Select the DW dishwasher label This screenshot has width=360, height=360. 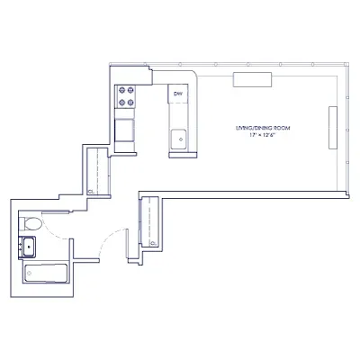coord(178,94)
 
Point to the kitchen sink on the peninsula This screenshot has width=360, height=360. coord(179,138)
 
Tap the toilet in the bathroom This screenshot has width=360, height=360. coord(31,222)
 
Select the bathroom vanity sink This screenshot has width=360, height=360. coord(28,246)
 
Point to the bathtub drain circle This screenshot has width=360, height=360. coord(30,272)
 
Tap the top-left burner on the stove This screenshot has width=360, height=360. coord(121,89)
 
